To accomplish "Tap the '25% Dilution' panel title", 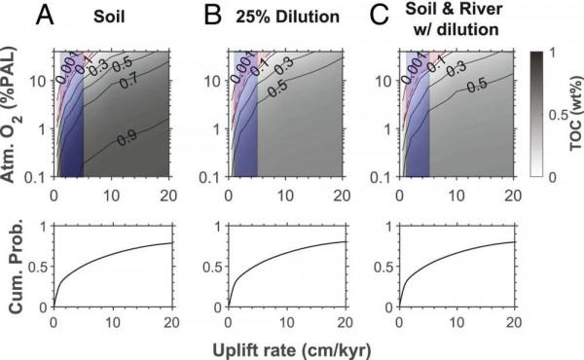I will click(277, 17).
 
